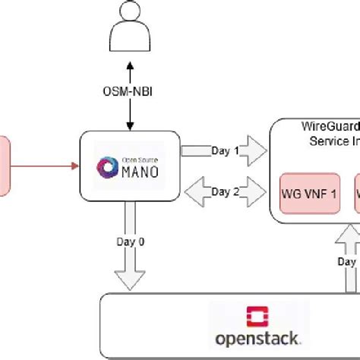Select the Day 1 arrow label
(225, 150)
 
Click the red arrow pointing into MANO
(46, 163)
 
